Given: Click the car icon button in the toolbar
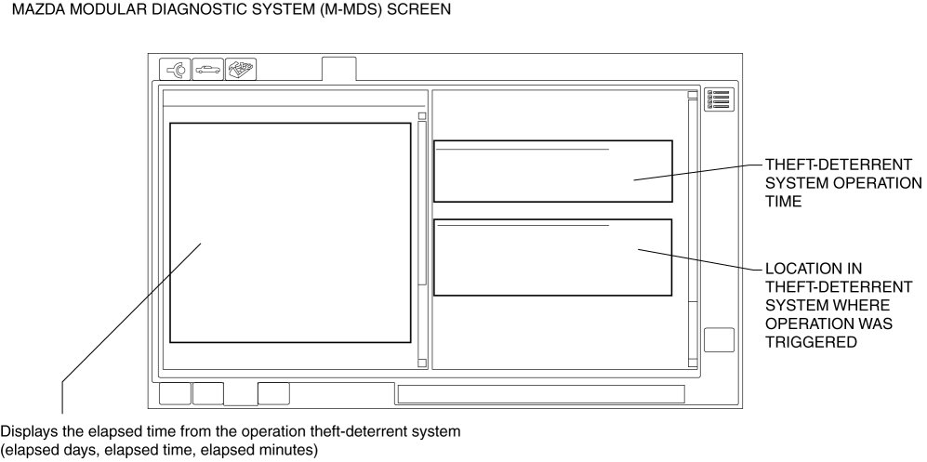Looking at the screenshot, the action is click(x=207, y=69).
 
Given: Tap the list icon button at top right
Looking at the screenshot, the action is click(x=719, y=99).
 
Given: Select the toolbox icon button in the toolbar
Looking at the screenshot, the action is click(x=241, y=69).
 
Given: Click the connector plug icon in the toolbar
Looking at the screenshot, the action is click(x=175, y=69).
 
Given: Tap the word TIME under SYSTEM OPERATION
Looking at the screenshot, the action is click(x=783, y=202).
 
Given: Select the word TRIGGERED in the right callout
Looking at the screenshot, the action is click(x=811, y=342).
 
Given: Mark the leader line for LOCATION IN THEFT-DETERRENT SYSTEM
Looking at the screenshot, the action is click(x=700, y=260).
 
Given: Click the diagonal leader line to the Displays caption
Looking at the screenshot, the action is click(x=131, y=311).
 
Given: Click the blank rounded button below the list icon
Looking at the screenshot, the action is click(x=719, y=339).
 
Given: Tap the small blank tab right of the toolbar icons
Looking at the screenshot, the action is click(x=338, y=69).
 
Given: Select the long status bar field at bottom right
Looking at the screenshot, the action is click(x=541, y=394).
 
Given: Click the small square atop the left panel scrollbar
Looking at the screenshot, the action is click(x=422, y=116).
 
